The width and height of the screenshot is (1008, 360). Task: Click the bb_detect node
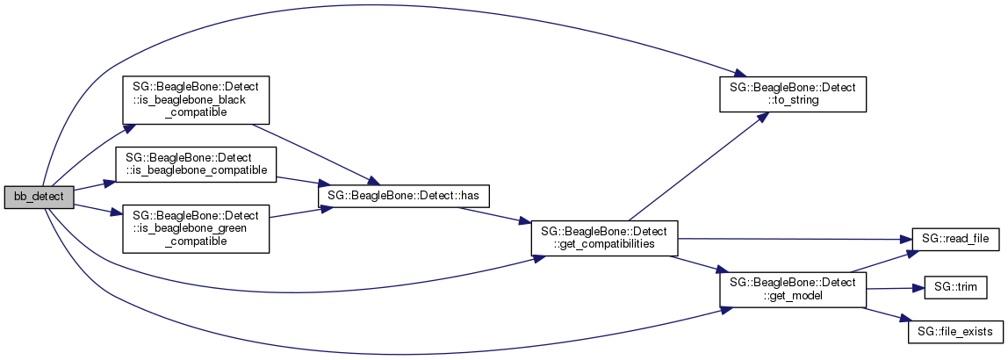click(x=40, y=197)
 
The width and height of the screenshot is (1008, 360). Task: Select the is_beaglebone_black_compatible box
click(x=196, y=100)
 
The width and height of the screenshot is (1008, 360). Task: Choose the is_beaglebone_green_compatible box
click(x=196, y=229)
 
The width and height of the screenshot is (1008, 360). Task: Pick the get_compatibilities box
click(x=604, y=238)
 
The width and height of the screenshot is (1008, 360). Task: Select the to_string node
click(x=793, y=95)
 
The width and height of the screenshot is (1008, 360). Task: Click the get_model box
click(x=793, y=289)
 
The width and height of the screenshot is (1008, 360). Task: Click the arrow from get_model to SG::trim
click(x=896, y=289)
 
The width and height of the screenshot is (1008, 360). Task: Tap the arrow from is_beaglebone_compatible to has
click(x=298, y=182)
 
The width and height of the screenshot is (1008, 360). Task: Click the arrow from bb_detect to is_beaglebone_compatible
click(x=95, y=186)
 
